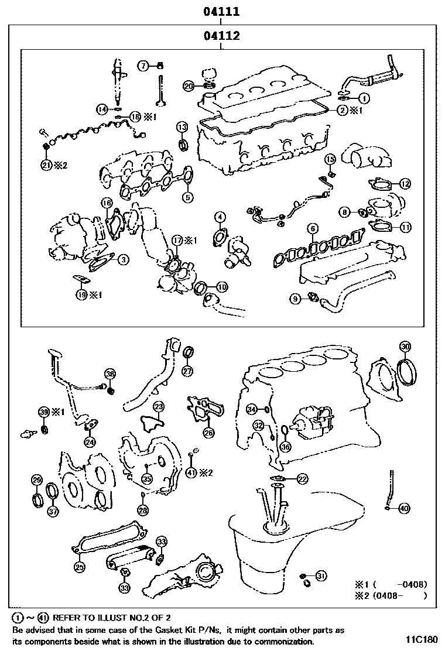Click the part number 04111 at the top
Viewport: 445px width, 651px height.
[221, 11]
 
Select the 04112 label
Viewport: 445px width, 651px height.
[221, 36]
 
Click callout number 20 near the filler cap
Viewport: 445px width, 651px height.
[189, 86]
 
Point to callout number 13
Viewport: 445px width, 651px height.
[182, 127]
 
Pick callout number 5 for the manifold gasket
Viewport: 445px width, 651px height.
[187, 197]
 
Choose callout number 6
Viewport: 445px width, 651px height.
[313, 228]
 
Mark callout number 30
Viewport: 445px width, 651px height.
[405, 345]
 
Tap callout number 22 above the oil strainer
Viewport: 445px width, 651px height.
[302, 479]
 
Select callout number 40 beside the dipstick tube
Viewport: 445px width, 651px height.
[404, 508]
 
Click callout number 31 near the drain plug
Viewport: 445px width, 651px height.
[320, 576]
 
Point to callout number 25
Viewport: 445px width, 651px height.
[79, 566]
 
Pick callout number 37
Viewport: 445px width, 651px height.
[53, 512]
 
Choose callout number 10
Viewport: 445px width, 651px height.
[222, 287]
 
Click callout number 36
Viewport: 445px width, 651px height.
[285, 447]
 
